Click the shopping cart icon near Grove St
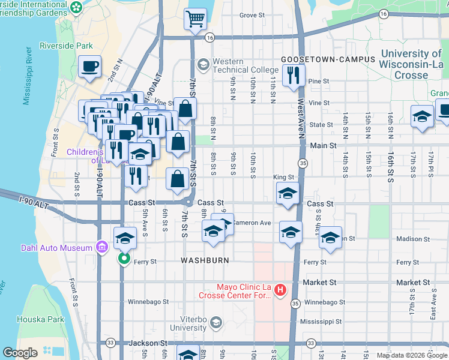tap(195, 19)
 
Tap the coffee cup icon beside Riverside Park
tap(90, 67)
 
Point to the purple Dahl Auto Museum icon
tap(102, 247)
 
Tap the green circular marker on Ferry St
tap(124, 259)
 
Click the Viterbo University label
tap(188, 323)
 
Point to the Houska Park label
tap(40, 319)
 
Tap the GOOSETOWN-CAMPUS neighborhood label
tap(328, 60)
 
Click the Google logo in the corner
tap(20, 353)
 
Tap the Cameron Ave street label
tap(252, 223)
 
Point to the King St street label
tap(283, 178)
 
